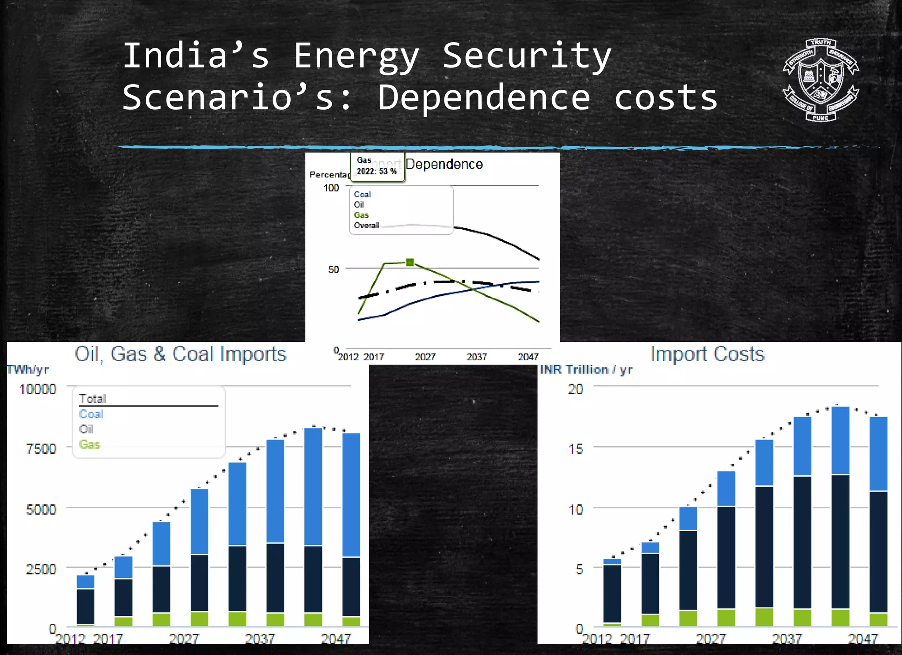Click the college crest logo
click(821, 80)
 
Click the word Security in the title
click(527, 56)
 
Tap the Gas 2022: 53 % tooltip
click(377, 167)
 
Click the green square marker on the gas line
click(410, 263)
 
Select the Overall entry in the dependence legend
click(366, 226)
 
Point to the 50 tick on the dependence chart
click(333, 269)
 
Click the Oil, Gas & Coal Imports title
click(181, 354)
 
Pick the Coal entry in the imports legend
click(91, 414)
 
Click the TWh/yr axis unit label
click(27, 370)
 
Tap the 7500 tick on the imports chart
click(41, 449)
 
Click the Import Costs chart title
click(707, 354)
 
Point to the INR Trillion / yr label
click(586, 370)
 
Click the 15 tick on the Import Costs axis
click(576, 449)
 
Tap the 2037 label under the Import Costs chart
click(787, 638)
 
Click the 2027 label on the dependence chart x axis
click(425, 357)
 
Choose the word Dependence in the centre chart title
click(444, 164)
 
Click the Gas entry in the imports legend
click(89, 444)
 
